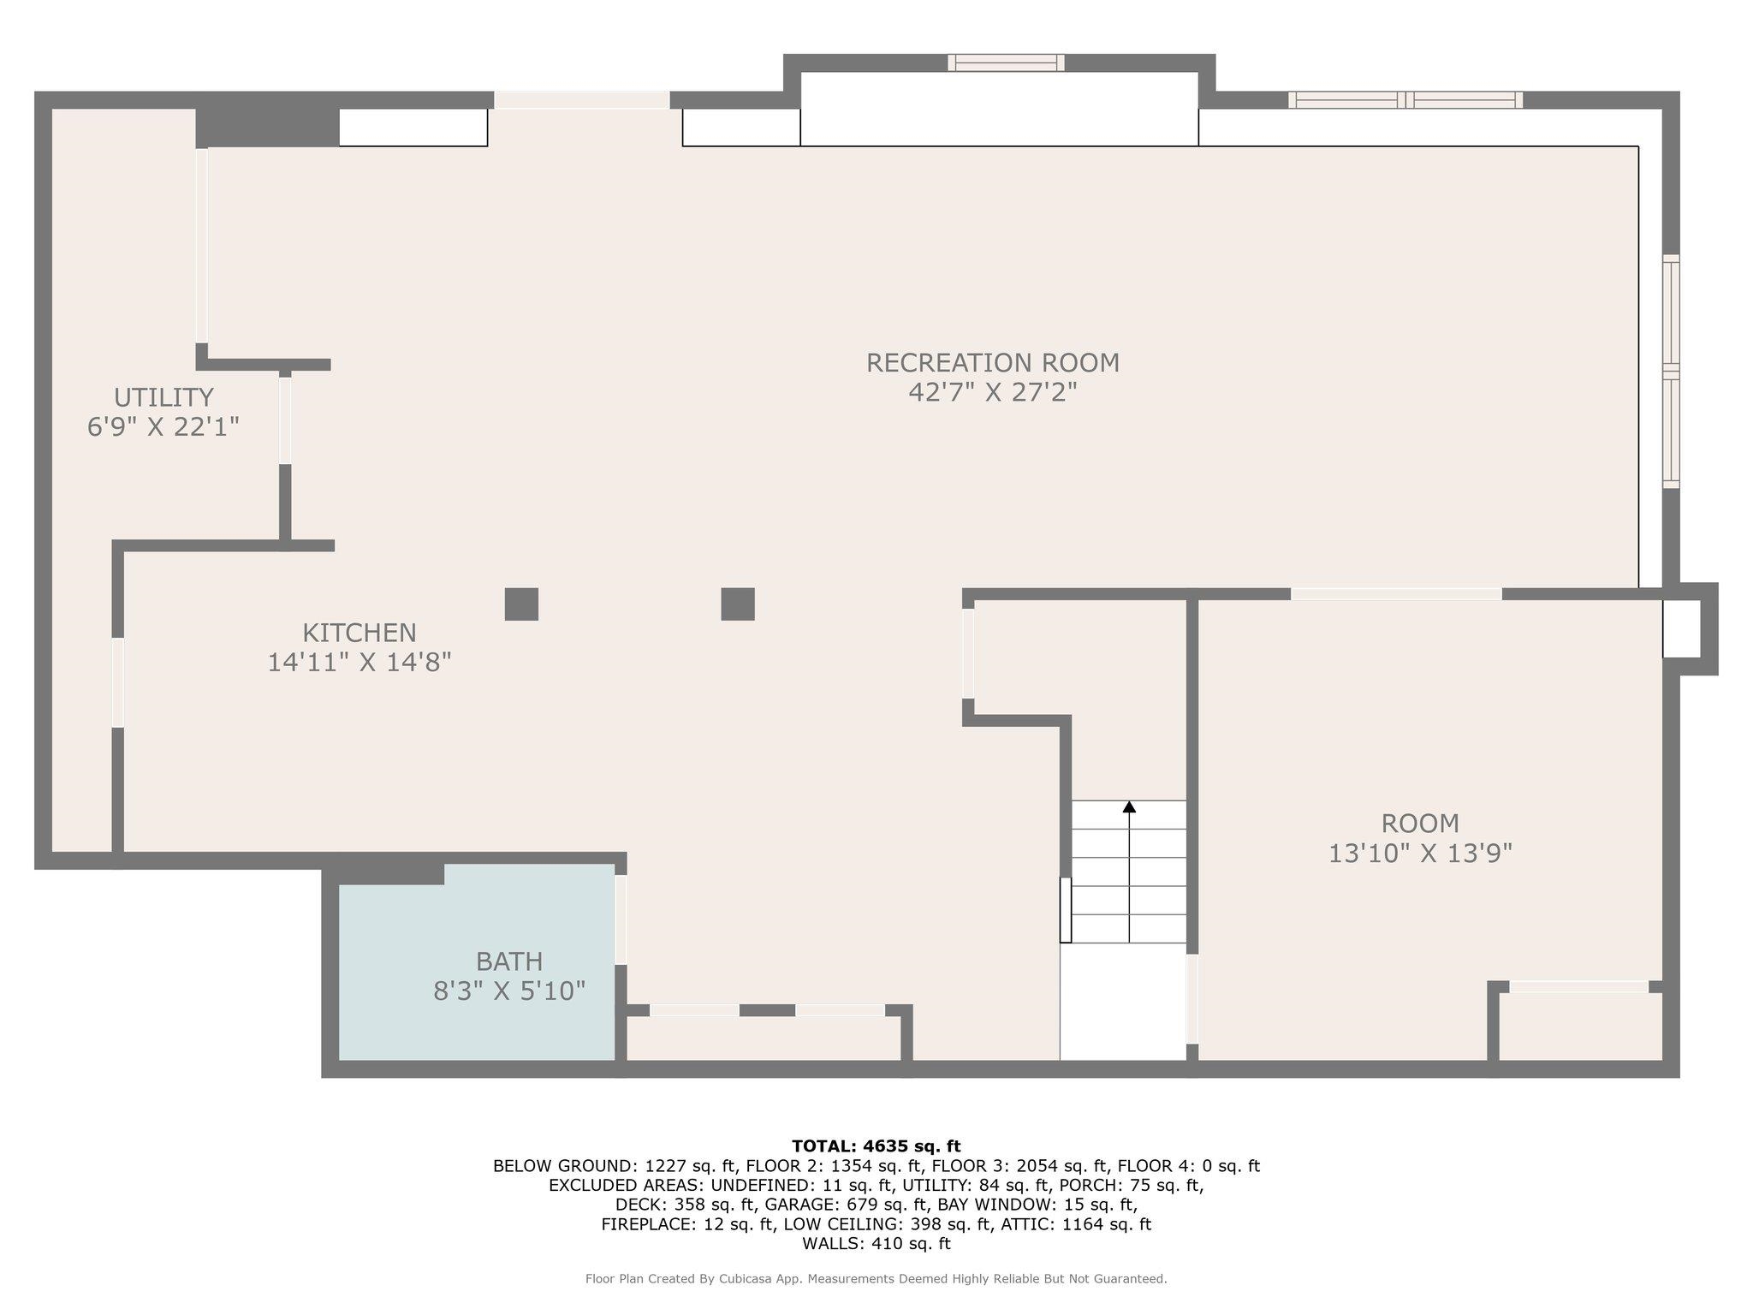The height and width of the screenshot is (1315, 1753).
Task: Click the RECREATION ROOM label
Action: tap(993, 363)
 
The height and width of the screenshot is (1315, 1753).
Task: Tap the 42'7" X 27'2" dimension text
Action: tap(993, 392)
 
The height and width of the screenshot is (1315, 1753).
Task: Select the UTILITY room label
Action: tap(163, 397)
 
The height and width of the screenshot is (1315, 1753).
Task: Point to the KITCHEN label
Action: tap(360, 633)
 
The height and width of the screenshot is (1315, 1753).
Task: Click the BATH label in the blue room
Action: tap(509, 961)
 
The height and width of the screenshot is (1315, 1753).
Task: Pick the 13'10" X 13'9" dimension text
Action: tap(1420, 854)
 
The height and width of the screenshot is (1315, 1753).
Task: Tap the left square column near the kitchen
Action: tap(521, 604)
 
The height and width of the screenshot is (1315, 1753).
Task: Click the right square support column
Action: tap(738, 604)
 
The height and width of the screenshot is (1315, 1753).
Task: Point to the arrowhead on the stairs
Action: tap(1129, 807)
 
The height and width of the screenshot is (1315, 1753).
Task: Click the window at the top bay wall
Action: tap(1006, 62)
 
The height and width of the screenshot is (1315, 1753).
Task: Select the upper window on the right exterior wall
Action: tap(1671, 312)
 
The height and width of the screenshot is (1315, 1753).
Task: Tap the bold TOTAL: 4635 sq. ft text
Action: tap(876, 1146)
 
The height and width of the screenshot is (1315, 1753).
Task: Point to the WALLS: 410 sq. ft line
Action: tap(876, 1244)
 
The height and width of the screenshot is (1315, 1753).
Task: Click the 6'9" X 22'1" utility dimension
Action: tap(163, 426)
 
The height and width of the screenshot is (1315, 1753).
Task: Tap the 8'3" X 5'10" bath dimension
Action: tap(509, 991)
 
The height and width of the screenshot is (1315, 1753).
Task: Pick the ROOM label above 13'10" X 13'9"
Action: tap(1420, 824)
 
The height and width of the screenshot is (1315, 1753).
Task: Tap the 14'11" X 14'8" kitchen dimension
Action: tap(360, 663)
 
